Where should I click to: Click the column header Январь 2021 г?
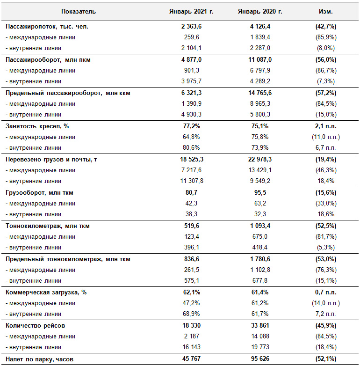click(x=191, y=11)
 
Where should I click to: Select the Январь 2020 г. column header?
click(x=260, y=11)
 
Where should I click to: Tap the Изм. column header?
click(x=326, y=11)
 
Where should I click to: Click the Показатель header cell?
click(x=79, y=11)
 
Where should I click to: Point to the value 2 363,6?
click(x=191, y=26)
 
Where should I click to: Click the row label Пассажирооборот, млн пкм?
click(x=48, y=60)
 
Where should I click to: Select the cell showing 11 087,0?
click(x=260, y=60)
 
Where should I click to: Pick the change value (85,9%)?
click(x=326, y=37)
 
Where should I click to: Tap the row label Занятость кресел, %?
click(x=37, y=126)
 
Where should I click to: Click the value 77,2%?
click(x=191, y=126)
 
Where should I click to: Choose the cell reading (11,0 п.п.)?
click(x=326, y=137)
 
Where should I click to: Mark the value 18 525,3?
click(x=192, y=160)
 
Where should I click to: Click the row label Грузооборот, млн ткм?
click(x=39, y=193)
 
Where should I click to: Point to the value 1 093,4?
click(x=260, y=226)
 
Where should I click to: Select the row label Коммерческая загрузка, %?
click(x=46, y=293)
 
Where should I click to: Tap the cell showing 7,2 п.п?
click(x=326, y=314)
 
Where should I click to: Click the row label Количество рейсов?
click(x=35, y=326)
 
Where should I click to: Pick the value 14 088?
click(x=260, y=337)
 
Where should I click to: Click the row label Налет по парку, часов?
click(x=39, y=359)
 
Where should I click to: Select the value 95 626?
click(x=260, y=359)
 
